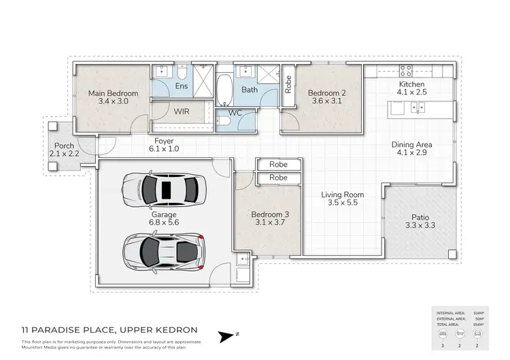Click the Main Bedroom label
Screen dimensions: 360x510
[x=113, y=93]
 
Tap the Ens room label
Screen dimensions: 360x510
[x=182, y=86]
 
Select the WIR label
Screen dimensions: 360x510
[x=181, y=110]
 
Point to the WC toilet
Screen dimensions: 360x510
[x=224, y=121]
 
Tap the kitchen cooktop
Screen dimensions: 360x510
[x=407, y=69]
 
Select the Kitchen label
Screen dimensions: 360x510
[x=411, y=84]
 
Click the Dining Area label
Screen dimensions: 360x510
[x=411, y=145]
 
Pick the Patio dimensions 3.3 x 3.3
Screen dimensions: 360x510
[x=419, y=225]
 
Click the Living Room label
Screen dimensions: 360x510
[x=342, y=195]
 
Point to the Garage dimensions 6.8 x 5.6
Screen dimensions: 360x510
[x=164, y=222]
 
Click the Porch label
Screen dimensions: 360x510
[x=64, y=145]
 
